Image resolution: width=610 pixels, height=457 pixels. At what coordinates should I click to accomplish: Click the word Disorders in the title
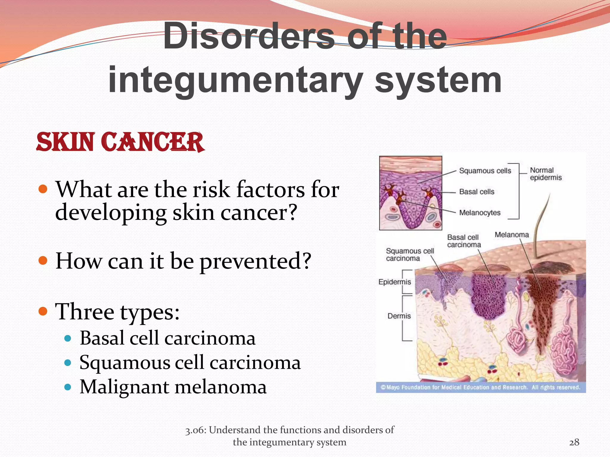tap(249, 36)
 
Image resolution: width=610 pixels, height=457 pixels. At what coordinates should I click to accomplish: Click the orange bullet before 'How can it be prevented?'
tap(43, 260)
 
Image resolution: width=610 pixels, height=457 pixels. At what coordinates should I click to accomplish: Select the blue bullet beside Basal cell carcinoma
tap(68, 338)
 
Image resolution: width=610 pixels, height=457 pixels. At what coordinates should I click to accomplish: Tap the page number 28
tap(574, 442)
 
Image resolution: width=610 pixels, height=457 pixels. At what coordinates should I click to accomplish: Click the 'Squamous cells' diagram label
tap(485, 171)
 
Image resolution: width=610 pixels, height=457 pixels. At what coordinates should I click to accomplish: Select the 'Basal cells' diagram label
tap(477, 192)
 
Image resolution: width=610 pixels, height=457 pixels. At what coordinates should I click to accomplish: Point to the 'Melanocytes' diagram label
tap(480, 213)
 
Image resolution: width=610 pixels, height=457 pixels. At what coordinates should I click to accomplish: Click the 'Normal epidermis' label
tap(545, 174)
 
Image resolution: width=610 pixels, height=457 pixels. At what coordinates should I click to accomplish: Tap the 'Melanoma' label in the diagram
tap(511, 235)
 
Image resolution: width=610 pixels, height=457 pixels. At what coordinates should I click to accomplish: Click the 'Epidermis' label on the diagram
tap(394, 282)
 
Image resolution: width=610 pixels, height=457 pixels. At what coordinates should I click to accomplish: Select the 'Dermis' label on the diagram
tap(399, 316)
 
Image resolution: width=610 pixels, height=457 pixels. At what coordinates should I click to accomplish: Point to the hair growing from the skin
tap(541, 226)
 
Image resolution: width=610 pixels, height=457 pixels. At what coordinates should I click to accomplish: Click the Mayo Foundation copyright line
tap(480, 387)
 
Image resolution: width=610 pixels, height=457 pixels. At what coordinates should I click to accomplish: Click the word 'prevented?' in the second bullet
tap(255, 261)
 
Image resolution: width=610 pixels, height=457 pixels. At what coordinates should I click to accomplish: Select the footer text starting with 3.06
tap(290, 436)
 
